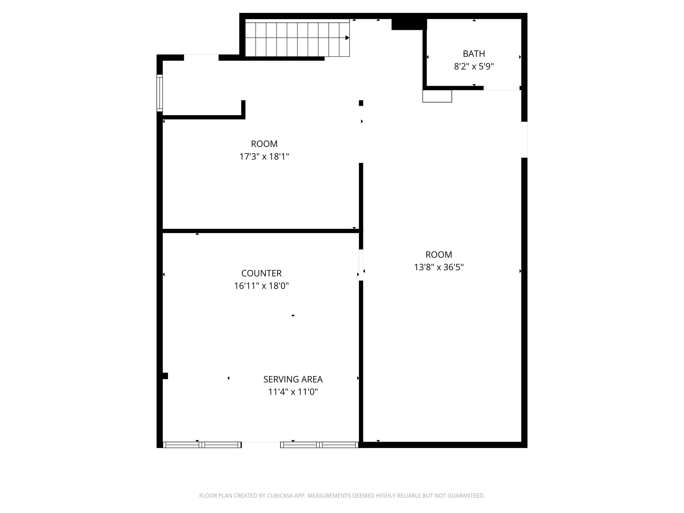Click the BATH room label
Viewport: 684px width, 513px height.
coord(474,54)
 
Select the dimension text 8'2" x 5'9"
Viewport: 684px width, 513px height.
coord(474,67)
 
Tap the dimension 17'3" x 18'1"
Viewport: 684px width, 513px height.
coord(264,157)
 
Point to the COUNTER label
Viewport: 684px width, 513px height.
coord(261,273)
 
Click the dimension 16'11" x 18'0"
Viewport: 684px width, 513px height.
coord(261,286)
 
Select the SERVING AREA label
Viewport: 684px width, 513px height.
coord(293,379)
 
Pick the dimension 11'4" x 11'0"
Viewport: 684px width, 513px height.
coord(293,392)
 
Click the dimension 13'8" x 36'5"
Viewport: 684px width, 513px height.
coord(439,267)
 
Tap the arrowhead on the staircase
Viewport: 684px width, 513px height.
coord(347,38)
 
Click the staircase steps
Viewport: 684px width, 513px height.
coord(297,38)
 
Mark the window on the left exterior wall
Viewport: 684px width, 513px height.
coord(160,93)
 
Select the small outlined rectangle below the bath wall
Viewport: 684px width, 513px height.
coord(437,96)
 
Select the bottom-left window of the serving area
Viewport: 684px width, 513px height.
coord(202,445)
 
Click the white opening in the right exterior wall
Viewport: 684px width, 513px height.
coord(524,140)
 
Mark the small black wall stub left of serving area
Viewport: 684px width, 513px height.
coord(165,376)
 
